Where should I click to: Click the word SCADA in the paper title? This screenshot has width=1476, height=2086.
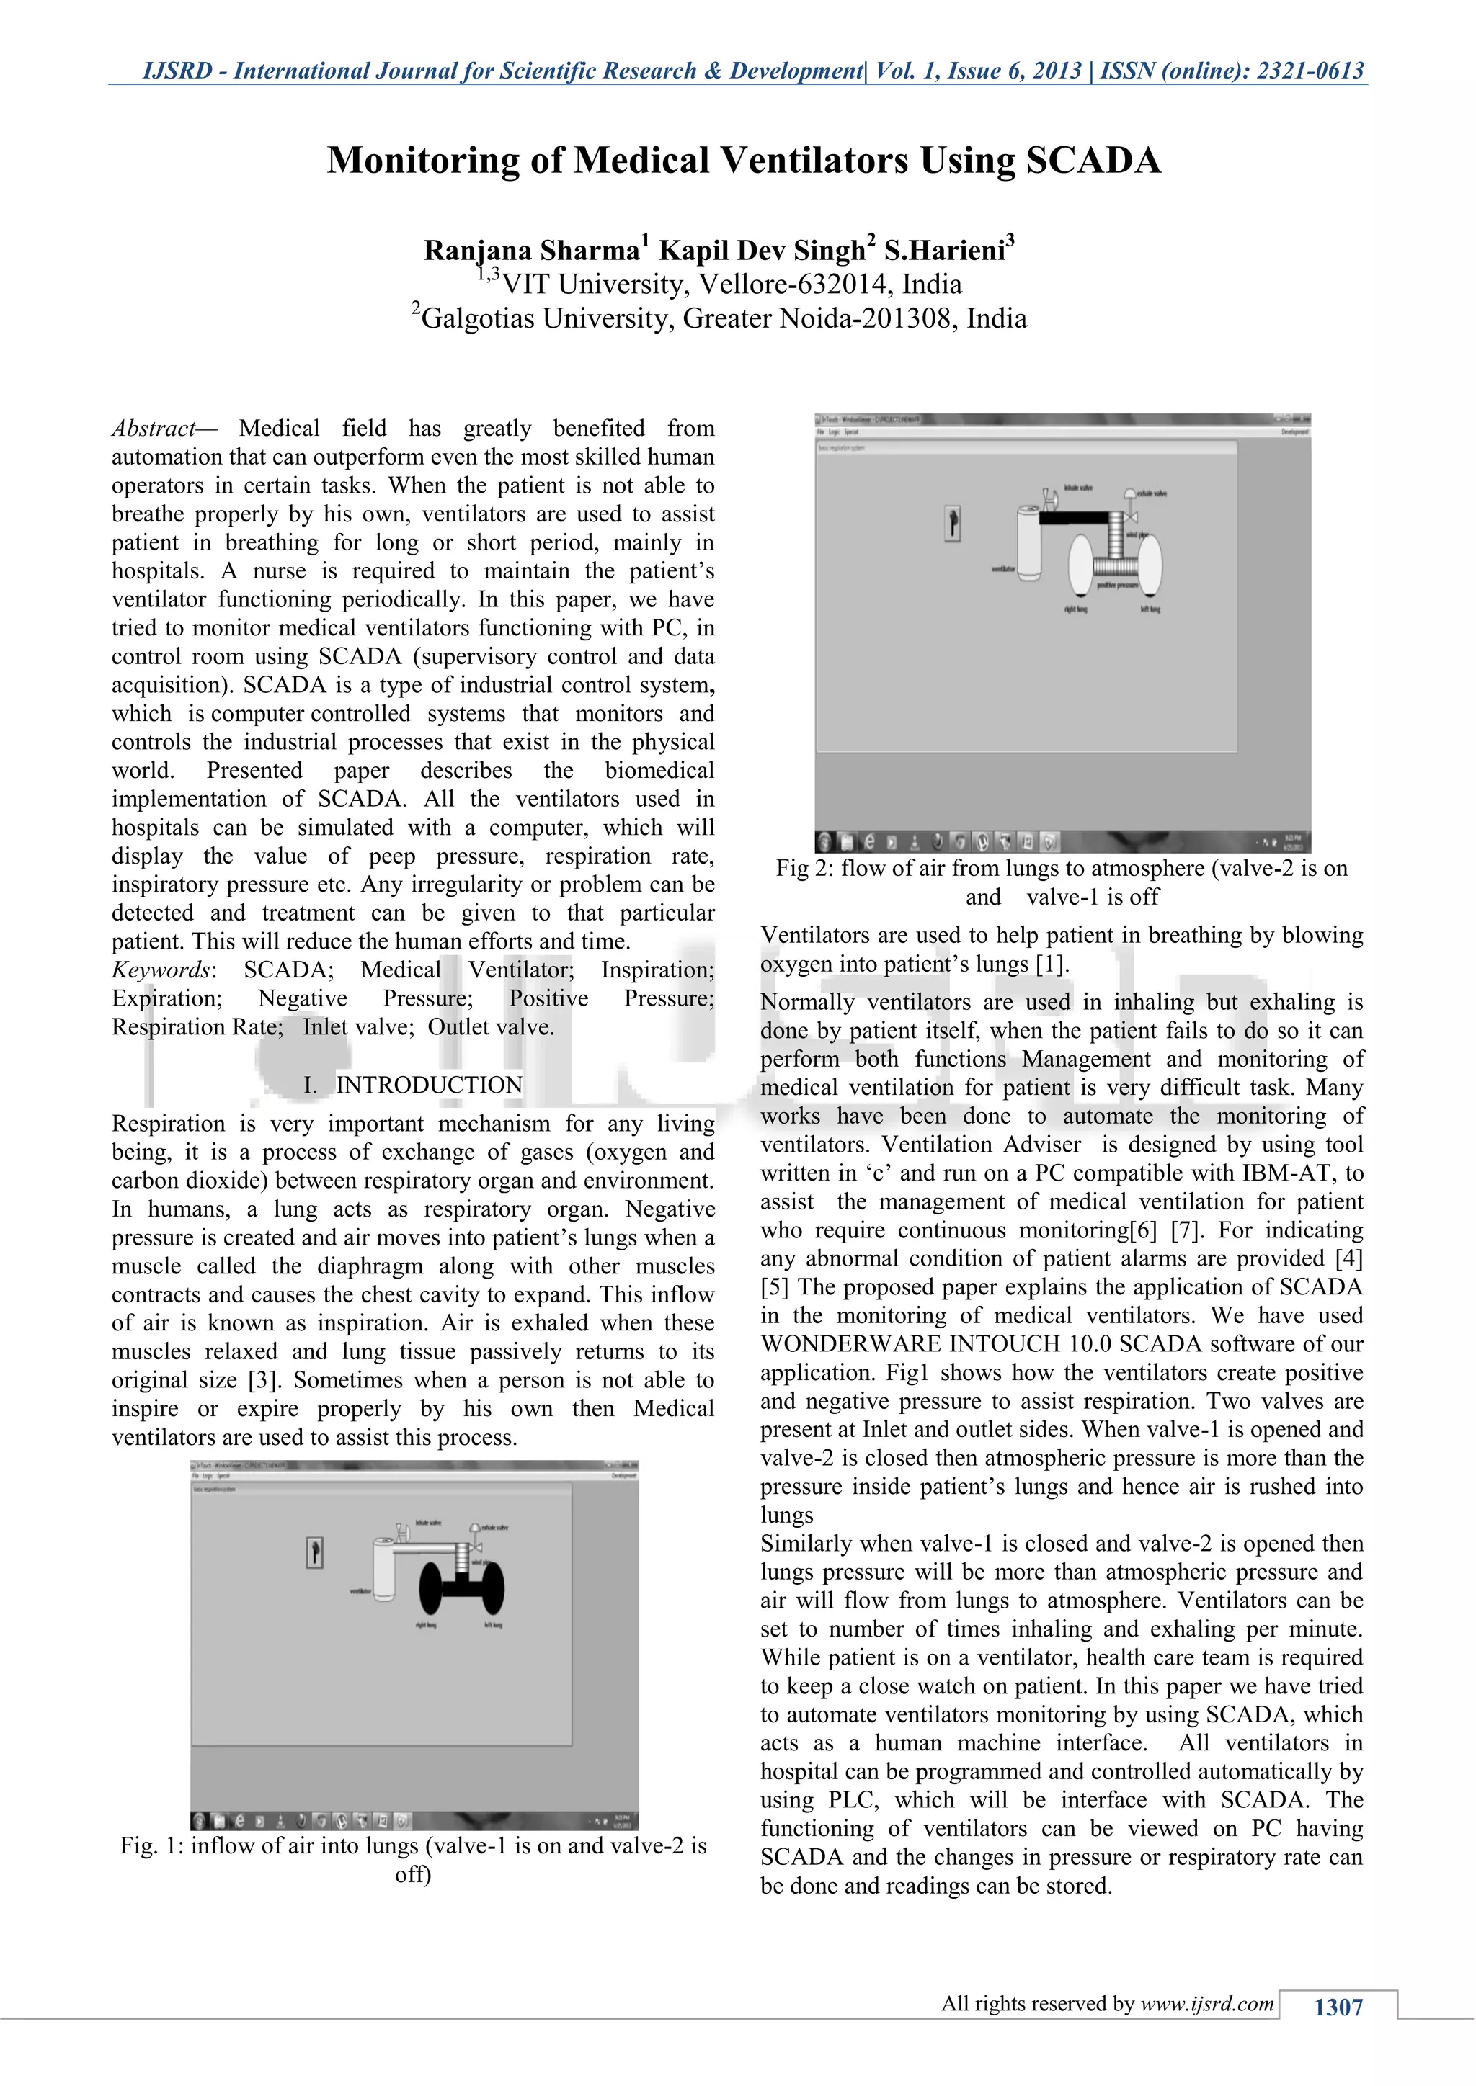pos(1093,161)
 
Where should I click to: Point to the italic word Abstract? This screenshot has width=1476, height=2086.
pos(153,428)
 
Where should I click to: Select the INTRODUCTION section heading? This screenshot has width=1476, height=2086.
pos(428,1085)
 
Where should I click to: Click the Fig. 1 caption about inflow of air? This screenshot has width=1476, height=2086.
pos(414,1860)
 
